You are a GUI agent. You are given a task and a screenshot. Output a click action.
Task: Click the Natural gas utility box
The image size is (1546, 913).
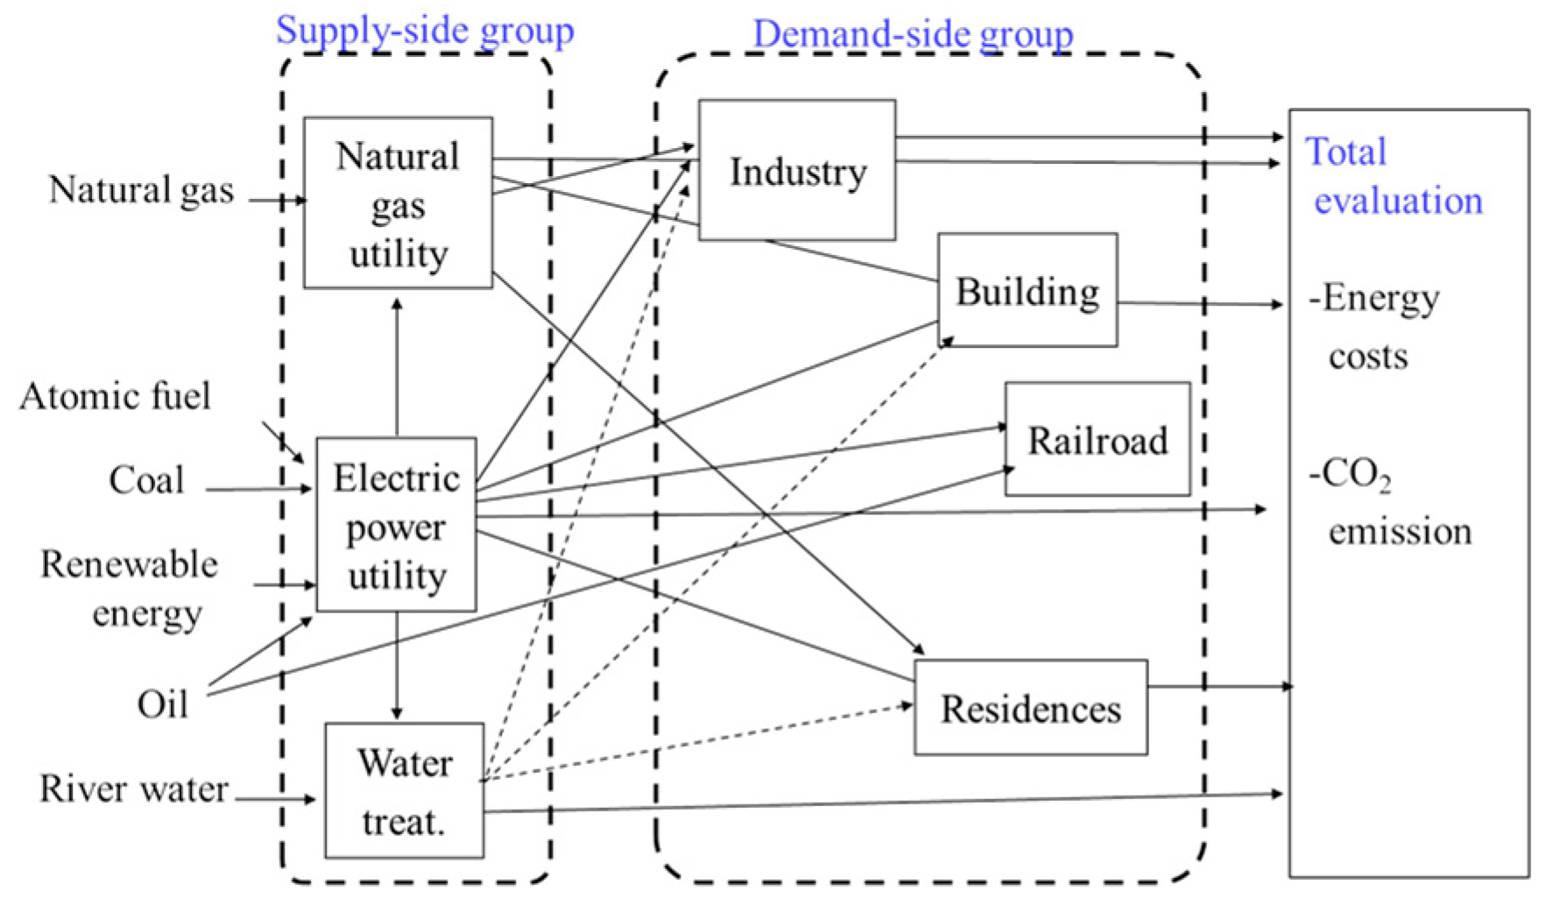(x=398, y=203)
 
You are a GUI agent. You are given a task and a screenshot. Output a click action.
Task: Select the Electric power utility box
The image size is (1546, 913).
(x=396, y=526)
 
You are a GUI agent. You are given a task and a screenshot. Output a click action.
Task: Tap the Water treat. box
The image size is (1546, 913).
(x=404, y=791)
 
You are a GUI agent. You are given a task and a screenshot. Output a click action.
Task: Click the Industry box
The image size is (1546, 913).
(x=796, y=171)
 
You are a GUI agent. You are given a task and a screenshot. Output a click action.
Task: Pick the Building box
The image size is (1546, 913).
(x=1027, y=291)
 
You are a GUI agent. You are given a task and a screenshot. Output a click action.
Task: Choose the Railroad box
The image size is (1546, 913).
(x=1097, y=440)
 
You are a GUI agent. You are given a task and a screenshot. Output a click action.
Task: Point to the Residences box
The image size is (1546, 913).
(x=1030, y=708)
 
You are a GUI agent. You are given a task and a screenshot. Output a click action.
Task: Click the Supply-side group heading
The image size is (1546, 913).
(x=425, y=31)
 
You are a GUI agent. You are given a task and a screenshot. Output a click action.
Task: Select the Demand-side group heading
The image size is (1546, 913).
(x=913, y=34)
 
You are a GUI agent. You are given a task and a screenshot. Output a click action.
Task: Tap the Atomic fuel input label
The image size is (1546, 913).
(x=115, y=396)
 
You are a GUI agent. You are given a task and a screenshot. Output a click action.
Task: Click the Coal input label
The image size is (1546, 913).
(x=146, y=480)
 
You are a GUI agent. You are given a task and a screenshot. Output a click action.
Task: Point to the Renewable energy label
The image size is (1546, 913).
(x=130, y=588)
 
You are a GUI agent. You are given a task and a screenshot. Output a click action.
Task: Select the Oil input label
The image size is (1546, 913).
(x=163, y=704)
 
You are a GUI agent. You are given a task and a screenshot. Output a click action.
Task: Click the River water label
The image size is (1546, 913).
(x=134, y=789)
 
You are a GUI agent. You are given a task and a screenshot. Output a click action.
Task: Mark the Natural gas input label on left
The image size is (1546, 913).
(x=141, y=190)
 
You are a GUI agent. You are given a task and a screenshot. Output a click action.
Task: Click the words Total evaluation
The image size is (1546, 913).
(x=1393, y=176)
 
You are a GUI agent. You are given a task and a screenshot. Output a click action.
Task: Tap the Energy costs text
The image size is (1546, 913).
(x=1373, y=326)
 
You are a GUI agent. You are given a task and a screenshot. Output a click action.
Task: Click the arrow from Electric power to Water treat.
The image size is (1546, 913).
(x=397, y=666)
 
